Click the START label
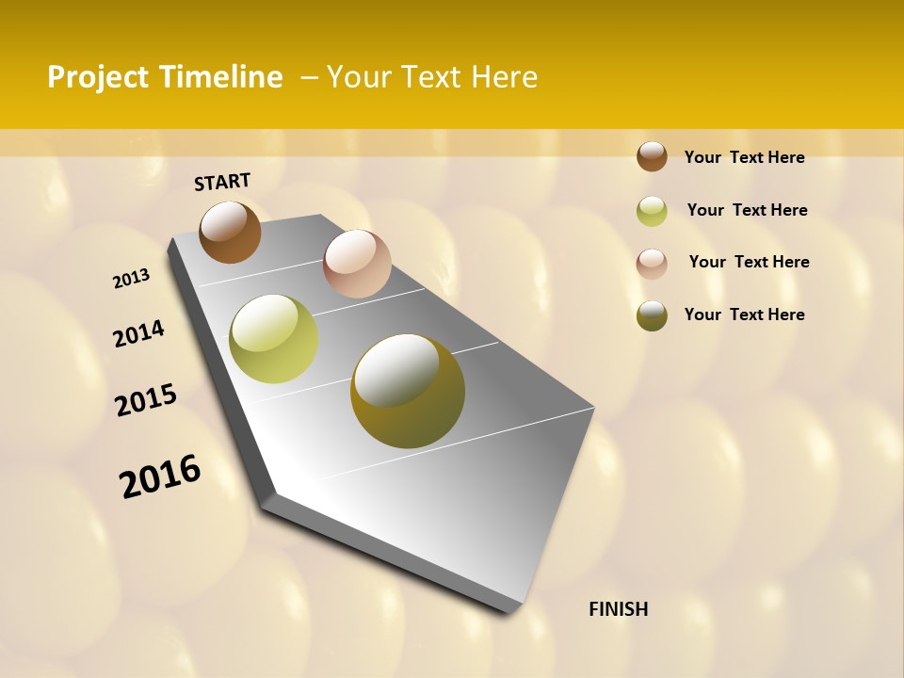(222, 182)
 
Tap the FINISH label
(618, 609)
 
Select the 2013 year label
(131, 279)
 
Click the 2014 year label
(138, 333)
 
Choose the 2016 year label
(160, 476)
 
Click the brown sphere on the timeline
(230, 233)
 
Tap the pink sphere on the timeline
(357, 264)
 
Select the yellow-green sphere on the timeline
(273, 339)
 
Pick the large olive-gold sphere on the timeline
(407, 391)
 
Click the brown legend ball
(652, 156)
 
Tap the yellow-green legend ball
(652, 211)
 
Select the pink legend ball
(652, 263)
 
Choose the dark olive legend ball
(652, 315)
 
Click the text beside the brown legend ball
(744, 157)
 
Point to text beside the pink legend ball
(749, 262)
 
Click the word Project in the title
(98, 77)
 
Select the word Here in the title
(504, 77)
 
